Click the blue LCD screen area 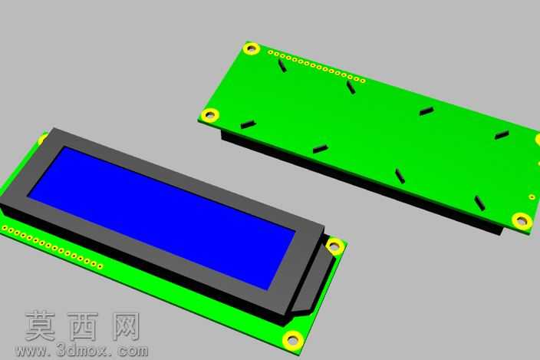tap(161, 218)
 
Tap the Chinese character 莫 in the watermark tap(41, 326)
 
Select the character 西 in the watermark tap(83, 326)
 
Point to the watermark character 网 tap(126, 326)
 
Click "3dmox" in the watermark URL tap(82, 351)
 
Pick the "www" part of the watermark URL tap(32, 352)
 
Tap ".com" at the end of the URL tap(130, 351)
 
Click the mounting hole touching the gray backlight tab tap(334, 246)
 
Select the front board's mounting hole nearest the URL tap(293, 340)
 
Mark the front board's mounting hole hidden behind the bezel tap(42, 139)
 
